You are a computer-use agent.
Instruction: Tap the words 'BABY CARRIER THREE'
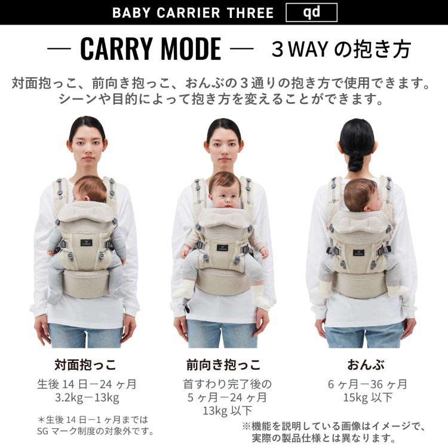193,13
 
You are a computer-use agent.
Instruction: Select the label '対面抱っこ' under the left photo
85,364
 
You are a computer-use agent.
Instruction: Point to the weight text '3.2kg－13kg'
85,397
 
